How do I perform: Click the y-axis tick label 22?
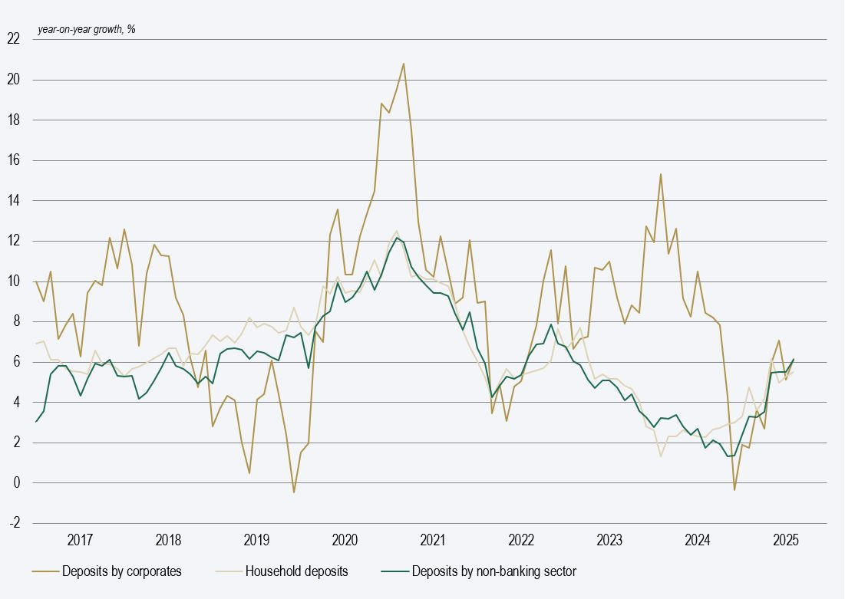(14, 39)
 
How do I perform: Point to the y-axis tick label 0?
(16, 483)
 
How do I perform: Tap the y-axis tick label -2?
(14, 523)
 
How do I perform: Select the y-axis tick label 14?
(14, 201)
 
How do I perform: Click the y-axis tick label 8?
(16, 322)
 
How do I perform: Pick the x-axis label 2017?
(80, 540)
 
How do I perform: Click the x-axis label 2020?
(345, 540)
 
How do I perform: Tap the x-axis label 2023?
(609, 540)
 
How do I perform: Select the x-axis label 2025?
(786, 540)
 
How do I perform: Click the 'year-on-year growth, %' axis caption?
(86, 30)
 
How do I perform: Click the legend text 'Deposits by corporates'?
(122, 571)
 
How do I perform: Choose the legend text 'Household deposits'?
(296, 571)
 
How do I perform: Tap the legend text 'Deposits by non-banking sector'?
(494, 571)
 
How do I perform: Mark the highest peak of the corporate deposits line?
(404, 64)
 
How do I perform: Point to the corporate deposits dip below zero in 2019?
(293, 492)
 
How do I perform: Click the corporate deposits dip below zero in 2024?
(734, 489)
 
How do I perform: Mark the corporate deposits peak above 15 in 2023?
(660, 174)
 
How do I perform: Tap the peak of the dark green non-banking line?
(397, 238)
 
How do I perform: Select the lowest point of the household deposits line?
(661, 456)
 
